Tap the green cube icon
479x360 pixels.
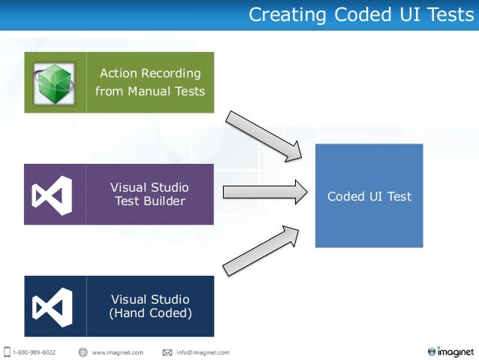tap(55, 82)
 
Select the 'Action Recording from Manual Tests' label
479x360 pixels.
tap(150, 83)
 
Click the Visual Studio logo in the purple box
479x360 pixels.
tap(53, 195)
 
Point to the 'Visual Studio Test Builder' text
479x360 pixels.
tap(149, 194)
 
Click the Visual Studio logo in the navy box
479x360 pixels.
tap(53, 306)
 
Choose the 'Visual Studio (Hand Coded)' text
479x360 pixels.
tap(150, 306)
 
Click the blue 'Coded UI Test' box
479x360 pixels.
tap(369, 196)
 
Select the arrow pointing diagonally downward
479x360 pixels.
tap(264, 136)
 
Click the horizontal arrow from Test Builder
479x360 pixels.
tap(265, 192)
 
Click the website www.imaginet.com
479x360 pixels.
tap(117, 352)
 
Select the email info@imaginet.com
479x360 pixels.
tap(202, 352)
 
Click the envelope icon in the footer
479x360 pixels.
tap(167, 352)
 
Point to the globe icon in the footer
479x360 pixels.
tap(83, 352)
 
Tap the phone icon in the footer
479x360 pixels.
tap(7, 352)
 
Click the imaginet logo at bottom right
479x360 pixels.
tap(450, 350)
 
